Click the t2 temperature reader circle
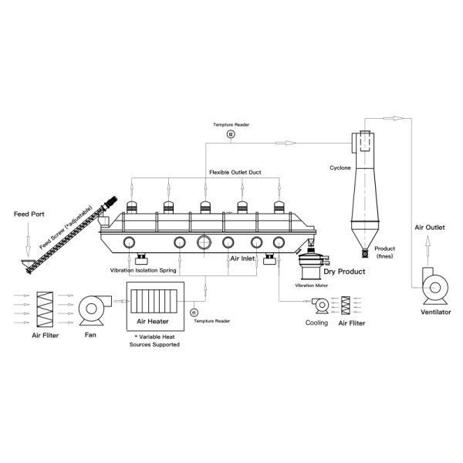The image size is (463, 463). [x=231, y=134]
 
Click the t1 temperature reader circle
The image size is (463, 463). [x=194, y=313]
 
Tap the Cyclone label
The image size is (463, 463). [x=340, y=167]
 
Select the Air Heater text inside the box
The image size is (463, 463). [x=153, y=321]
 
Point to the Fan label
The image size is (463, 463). [x=90, y=335]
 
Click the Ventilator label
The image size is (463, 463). [x=435, y=312]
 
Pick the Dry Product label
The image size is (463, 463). [x=345, y=272]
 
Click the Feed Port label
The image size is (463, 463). [x=29, y=214]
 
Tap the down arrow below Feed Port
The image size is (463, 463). [x=28, y=239]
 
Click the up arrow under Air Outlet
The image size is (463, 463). [x=428, y=250]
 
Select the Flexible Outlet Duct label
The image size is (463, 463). [x=235, y=172]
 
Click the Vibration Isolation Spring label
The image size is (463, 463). [x=143, y=270]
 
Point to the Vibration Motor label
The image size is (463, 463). [x=311, y=286]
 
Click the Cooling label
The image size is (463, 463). [x=316, y=323]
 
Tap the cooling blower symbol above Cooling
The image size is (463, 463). [x=321, y=306]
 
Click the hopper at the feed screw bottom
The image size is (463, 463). [x=27, y=262]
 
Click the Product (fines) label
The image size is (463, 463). [x=385, y=252]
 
